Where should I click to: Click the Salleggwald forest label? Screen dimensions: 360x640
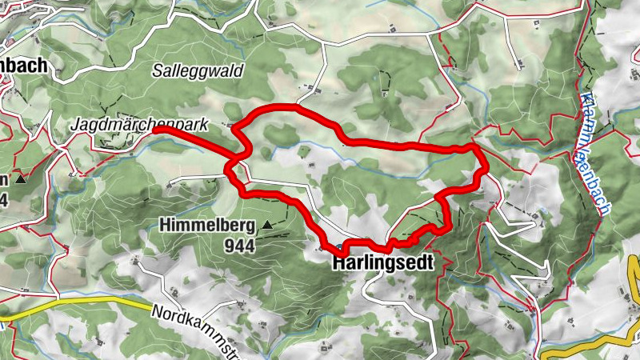click(197, 70)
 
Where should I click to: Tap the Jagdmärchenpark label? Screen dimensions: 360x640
click(139, 125)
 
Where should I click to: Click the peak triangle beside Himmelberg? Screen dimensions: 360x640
click(267, 226)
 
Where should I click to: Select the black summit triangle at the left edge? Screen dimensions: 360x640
click(21, 179)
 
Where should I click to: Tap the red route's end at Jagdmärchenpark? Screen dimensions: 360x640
click(157, 128)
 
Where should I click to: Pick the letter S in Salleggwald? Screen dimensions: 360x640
click(157, 70)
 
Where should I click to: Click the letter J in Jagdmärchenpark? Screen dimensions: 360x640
click(74, 125)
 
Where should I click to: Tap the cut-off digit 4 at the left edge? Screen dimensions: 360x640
click(3, 198)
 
